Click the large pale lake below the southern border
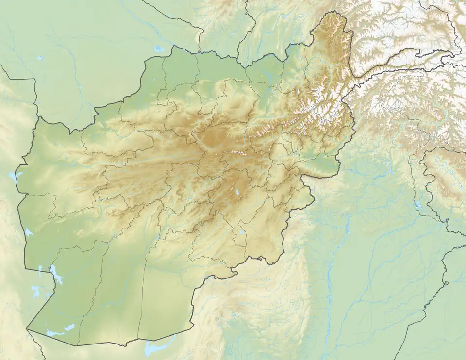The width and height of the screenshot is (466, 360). [154, 347]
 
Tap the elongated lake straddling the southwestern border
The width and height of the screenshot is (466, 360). [57, 275]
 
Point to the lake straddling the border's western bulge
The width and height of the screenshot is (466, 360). [13, 176]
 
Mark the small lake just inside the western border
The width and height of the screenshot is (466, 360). [28, 232]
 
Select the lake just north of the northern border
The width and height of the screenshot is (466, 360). [159, 49]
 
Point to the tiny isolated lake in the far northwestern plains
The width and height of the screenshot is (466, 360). [40, 58]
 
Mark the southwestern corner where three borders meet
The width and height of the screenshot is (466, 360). [27, 329]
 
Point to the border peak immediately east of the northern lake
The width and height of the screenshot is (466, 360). [172, 47]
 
